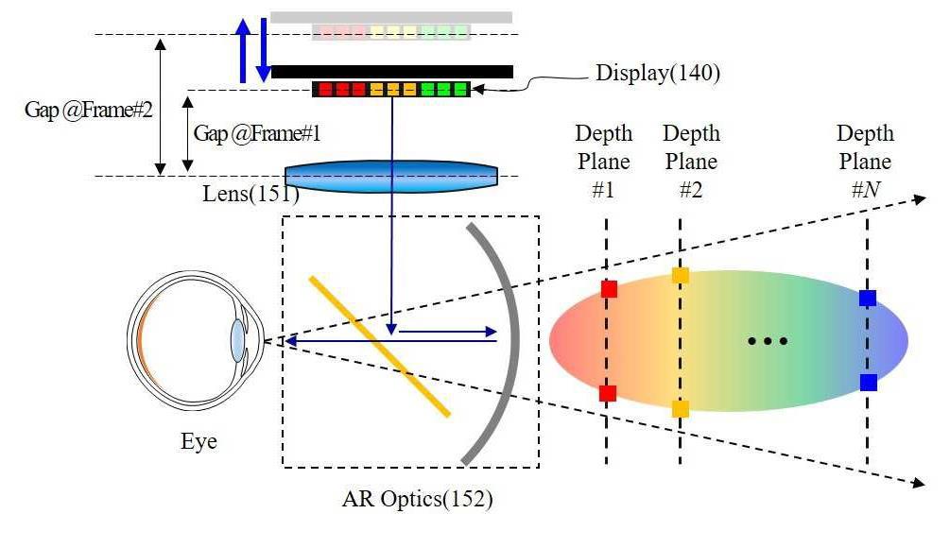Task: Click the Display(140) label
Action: tap(657, 73)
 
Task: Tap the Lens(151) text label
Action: tap(250, 195)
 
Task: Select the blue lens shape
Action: tap(391, 177)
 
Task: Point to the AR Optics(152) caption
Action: tap(417, 498)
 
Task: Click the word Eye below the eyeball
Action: tap(199, 441)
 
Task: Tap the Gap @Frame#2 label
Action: tap(88, 109)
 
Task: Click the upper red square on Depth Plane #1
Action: tap(609, 289)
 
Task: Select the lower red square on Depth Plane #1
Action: tap(608, 393)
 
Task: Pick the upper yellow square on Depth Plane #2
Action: tap(680, 276)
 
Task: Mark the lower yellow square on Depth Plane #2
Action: tap(680, 409)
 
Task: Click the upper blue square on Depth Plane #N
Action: tap(868, 299)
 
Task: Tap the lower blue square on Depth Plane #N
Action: tap(868, 383)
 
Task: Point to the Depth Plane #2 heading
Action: tap(691, 162)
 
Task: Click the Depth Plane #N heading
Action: tap(865, 162)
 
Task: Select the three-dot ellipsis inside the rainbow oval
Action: tap(768, 341)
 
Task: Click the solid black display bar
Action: tap(391, 72)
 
